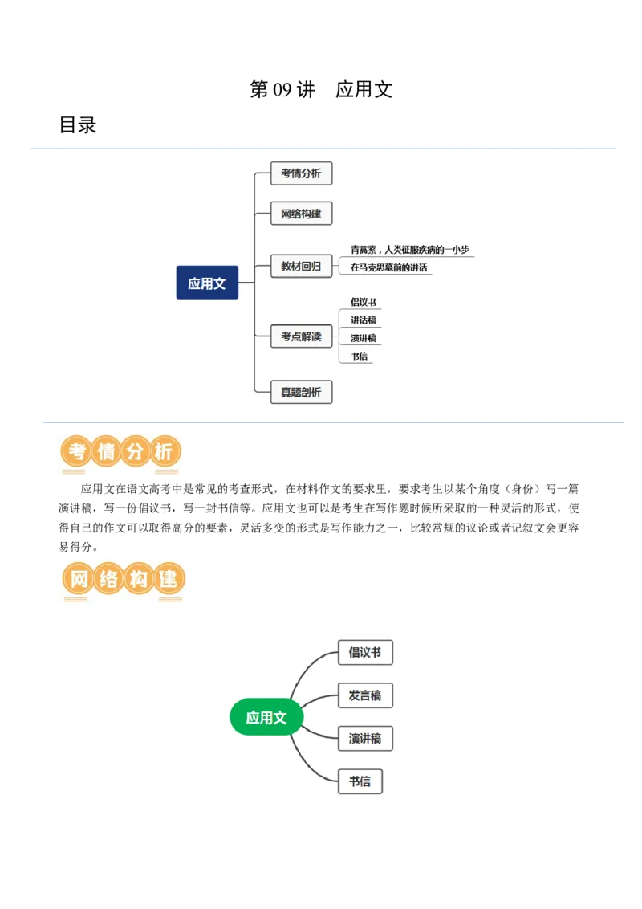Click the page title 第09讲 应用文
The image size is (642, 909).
point(321,89)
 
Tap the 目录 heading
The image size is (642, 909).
point(78,124)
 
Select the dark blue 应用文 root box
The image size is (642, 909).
point(207,283)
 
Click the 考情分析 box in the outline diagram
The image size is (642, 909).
point(301,173)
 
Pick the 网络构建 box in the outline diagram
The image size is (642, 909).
point(301,214)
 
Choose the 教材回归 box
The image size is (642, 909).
point(301,266)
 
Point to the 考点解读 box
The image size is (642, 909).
point(301,336)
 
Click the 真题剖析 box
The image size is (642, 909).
point(301,393)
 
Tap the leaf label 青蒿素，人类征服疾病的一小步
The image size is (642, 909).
point(409,249)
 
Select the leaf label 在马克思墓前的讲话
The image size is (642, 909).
point(388,267)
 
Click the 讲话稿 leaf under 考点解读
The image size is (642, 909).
point(364,320)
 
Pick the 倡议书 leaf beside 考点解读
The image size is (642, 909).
point(364,302)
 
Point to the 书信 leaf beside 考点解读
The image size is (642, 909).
point(360,356)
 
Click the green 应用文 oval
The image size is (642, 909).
point(266,717)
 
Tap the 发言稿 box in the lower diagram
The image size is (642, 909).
point(365,695)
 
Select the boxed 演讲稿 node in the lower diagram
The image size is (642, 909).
point(365,738)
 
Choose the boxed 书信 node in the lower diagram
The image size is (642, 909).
point(360,781)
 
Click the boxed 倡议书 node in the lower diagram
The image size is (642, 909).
point(365,652)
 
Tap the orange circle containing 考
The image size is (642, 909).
point(77,451)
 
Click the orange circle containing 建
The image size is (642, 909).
point(169,578)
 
